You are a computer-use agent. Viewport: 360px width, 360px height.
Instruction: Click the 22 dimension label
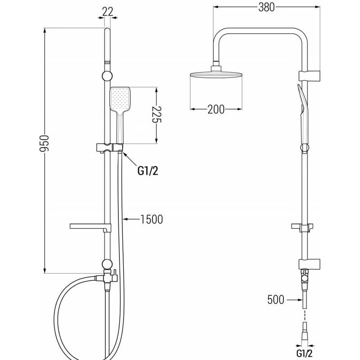(108, 12)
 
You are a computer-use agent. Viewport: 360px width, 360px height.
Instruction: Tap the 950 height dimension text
(44, 144)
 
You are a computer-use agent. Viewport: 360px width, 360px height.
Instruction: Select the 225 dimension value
(157, 115)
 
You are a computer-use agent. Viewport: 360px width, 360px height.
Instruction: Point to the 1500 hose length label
(152, 219)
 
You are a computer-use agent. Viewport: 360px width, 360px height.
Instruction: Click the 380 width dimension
(266, 7)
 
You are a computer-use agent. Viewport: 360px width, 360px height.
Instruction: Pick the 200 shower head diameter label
(216, 109)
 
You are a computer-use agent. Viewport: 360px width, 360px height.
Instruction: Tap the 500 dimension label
(276, 300)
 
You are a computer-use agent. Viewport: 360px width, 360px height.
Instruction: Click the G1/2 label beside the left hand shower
(148, 171)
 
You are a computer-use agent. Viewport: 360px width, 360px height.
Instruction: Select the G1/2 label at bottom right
(305, 353)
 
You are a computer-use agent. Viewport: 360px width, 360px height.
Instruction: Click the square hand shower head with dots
(120, 99)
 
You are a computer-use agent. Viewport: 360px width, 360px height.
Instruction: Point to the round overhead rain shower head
(216, 75)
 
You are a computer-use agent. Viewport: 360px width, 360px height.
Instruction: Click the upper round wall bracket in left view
(107, 76)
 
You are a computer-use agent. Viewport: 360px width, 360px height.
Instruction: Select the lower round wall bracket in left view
(107, 264)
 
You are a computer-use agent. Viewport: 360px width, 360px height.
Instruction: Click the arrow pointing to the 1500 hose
(131, 219)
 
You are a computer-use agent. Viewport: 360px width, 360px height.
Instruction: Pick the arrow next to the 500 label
(295, 300)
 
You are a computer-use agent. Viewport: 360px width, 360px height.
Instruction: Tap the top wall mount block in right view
(309, 76)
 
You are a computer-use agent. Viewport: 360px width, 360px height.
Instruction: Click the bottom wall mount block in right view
(309, 264)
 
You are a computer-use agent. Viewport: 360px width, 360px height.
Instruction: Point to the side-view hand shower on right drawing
(303, 115)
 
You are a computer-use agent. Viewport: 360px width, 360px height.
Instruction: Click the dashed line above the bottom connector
(305, 315)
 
